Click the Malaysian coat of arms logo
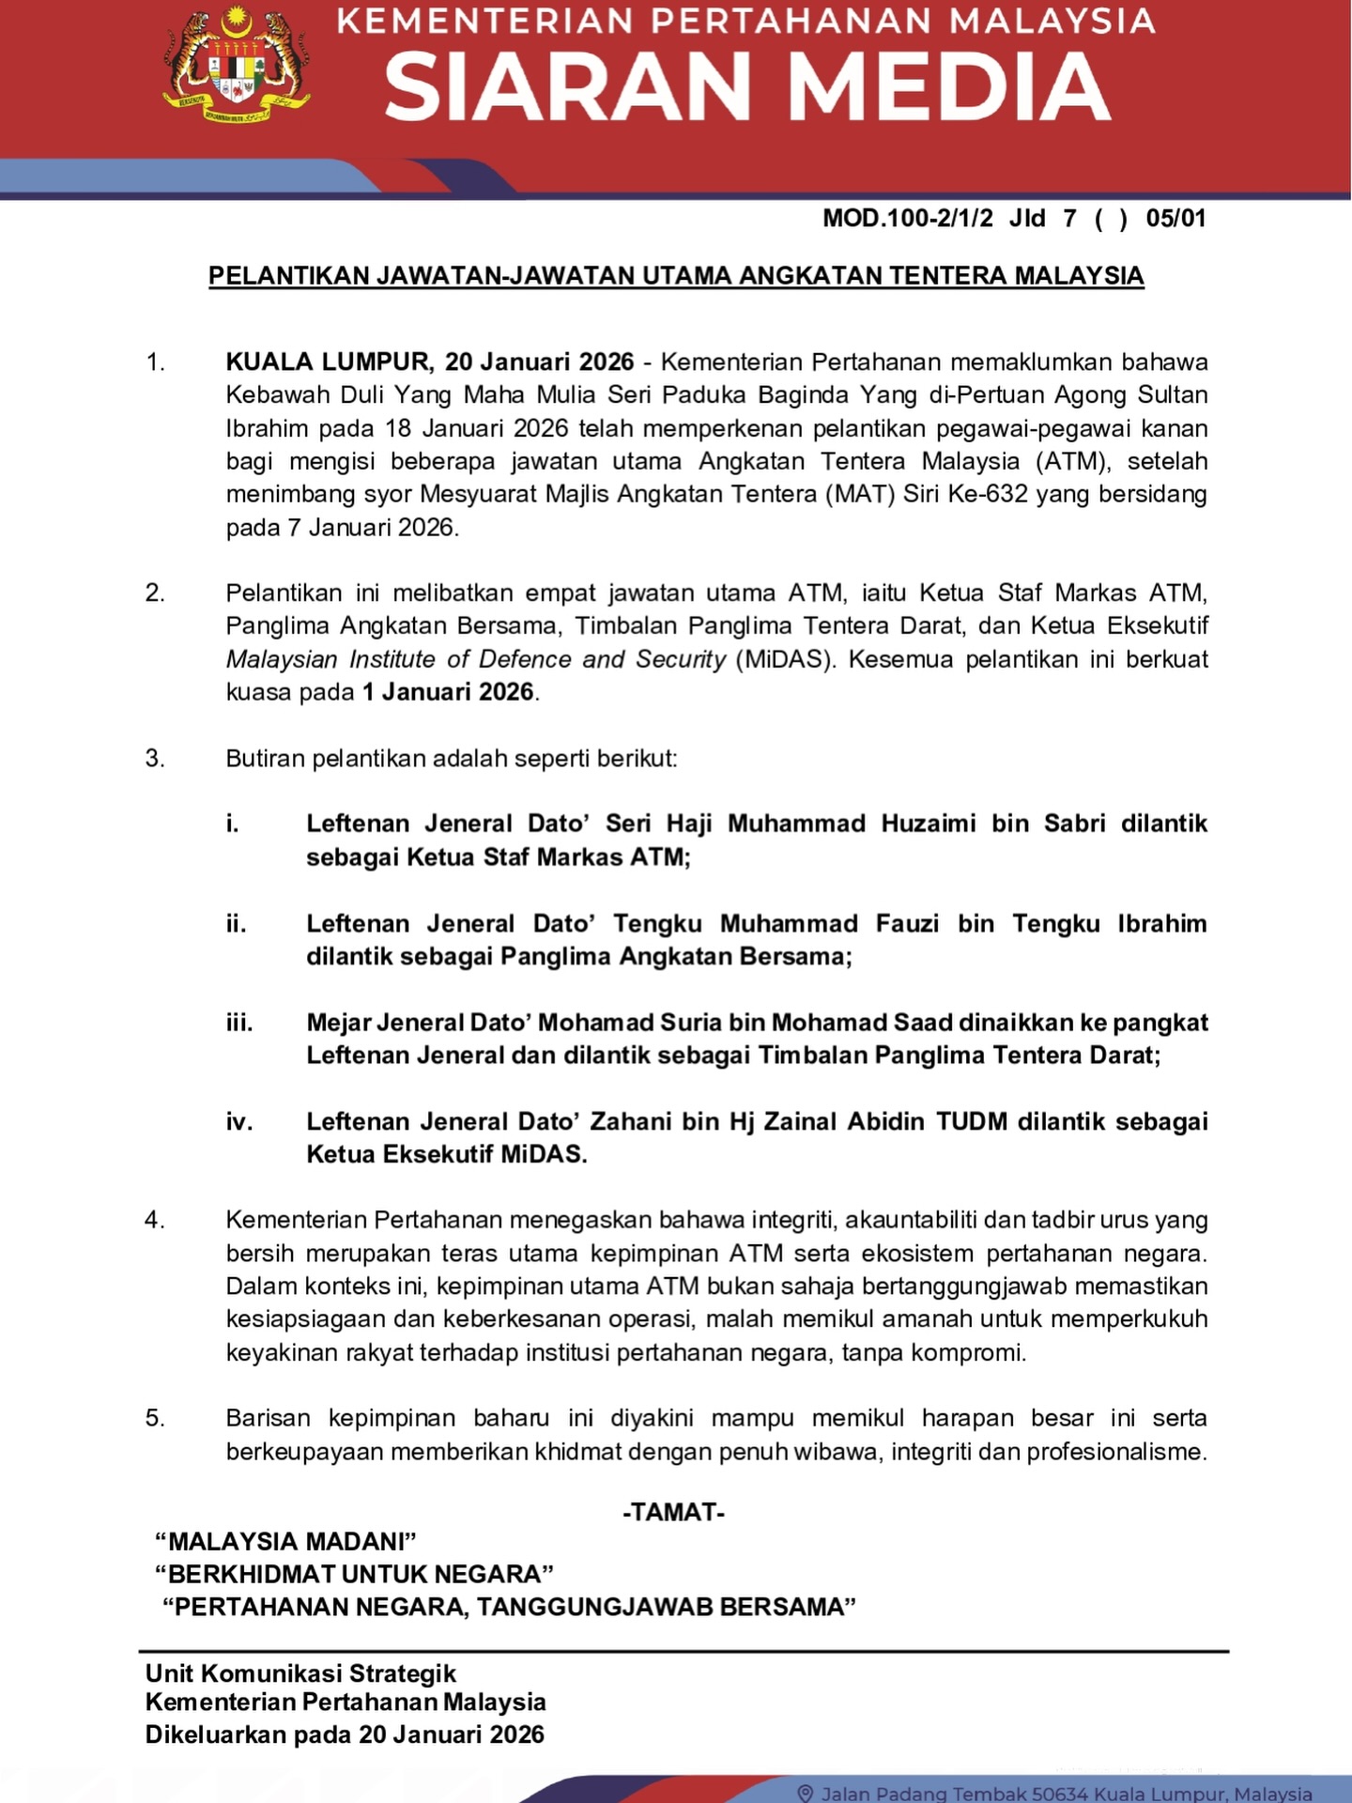coord(237,68)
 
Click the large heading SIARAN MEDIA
coord(747,86)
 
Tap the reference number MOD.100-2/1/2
coord(907,219)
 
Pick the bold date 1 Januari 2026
coord(448,692)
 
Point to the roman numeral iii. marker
coord(239,1023)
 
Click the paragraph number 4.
coord(154,1220)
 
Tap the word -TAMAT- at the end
coord(673,1512)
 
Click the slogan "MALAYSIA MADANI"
coord(285,1541)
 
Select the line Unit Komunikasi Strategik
coord(300,1673)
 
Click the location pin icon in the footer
coord(804,1793)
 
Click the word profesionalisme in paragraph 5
coord(1116,1452)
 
